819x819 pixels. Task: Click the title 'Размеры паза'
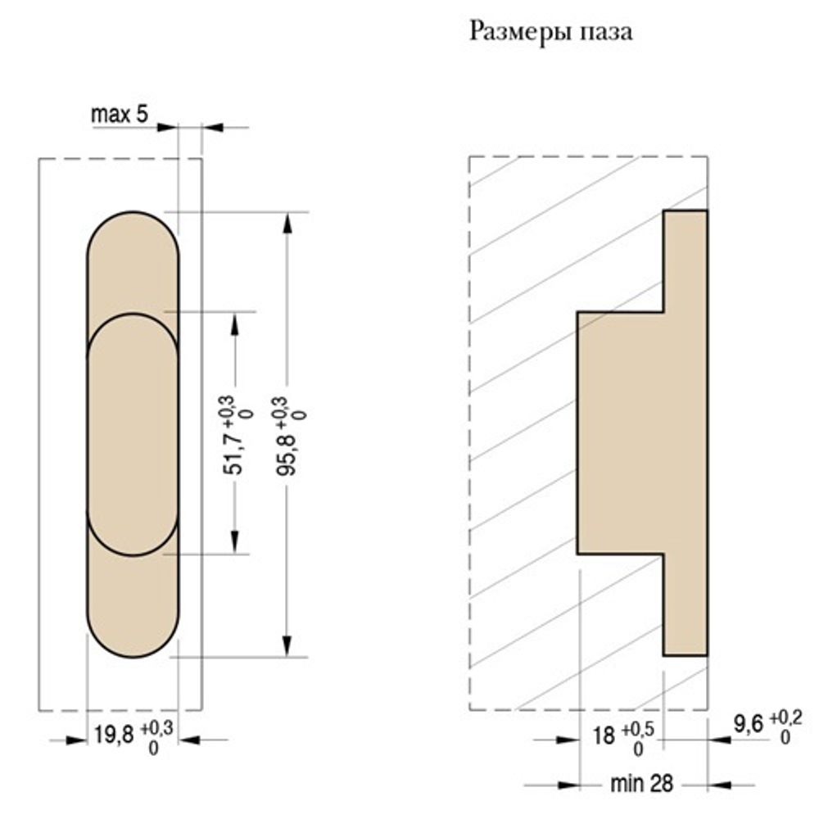pyautogui.click(x=550, y=33)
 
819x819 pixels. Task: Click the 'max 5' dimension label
pyautogui.click(x=119, y=115)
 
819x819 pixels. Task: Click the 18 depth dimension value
pyautogui.click(x=604, y=735)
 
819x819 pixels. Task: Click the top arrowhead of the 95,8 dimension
pyautogui.click(x=286, y=222)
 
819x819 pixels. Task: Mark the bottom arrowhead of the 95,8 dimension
pyautogui.click(x=286, y=646)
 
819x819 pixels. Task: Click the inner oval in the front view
pyautogui.click(x=133, y=434)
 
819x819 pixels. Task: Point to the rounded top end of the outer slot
pyautogui.click(x=133, y=238)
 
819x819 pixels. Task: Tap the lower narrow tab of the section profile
pyautogui.click(x=685, y=606)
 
